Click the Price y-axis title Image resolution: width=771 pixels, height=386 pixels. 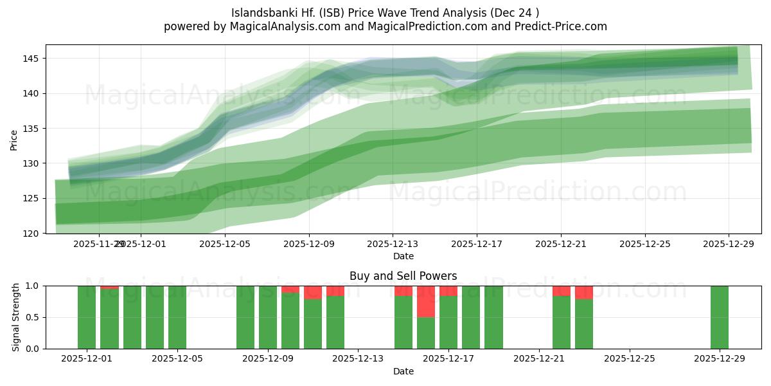14,140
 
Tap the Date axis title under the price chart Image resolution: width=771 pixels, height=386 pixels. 403,256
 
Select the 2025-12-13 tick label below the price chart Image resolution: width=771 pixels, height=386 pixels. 393,244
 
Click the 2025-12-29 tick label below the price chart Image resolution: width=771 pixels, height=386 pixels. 729,244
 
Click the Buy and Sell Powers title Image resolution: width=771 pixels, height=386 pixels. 403,276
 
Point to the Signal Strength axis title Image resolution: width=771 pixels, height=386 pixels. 16,317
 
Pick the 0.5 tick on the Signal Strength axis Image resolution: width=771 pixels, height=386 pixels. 33,317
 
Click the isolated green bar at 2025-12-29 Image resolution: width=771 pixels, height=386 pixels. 720,317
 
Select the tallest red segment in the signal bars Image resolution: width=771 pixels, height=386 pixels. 426,302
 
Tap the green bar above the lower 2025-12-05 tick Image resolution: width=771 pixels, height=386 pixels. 177,317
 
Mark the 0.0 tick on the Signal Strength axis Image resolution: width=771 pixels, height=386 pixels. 33,349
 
